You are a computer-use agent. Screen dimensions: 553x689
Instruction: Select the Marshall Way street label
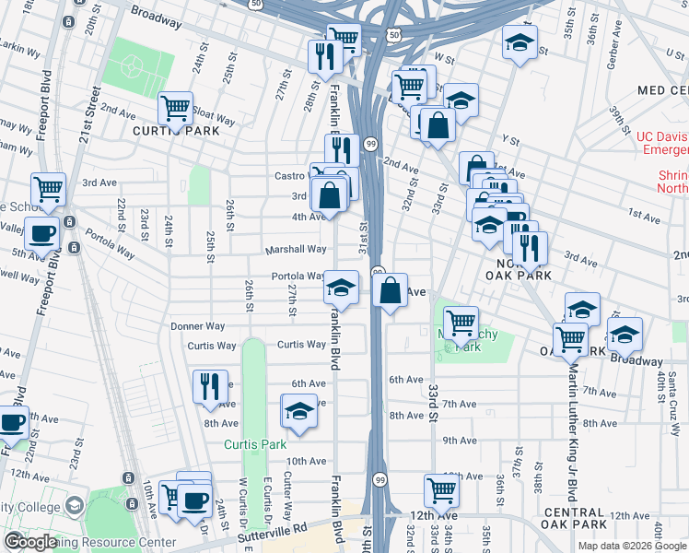pos(296,249)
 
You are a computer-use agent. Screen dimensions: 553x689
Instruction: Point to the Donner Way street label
pos(198,326)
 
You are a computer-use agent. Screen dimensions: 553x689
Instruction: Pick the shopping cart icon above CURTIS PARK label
pos(174,107)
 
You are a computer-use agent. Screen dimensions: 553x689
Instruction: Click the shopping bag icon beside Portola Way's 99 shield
pos(391,290)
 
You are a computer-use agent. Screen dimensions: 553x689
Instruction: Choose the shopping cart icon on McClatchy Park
pos(461,323)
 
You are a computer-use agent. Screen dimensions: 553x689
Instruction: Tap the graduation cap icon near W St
pos(520,42)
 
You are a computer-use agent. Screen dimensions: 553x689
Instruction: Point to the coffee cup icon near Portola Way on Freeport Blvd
pos(41,234)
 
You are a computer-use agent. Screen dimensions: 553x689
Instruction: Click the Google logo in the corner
pos(30,542)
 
